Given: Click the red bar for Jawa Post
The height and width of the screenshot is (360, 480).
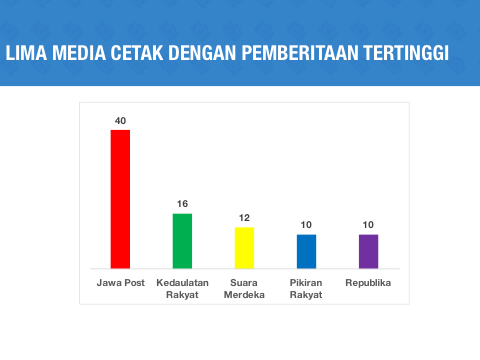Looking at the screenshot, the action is (x=120, y=199).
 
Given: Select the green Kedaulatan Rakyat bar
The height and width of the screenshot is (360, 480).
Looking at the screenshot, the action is (x=182, y=241).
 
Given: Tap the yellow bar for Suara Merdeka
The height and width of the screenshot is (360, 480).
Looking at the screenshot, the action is (x=244, y=248).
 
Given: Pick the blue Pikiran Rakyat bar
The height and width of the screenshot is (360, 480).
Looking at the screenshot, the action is (x=306, y=251).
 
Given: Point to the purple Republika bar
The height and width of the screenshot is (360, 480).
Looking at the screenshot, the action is (x=368, y=251).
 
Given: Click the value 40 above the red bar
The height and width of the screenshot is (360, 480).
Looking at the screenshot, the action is (x=120, y=121).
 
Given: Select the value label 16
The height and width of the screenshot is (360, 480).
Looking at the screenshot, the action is (x=182, y=204).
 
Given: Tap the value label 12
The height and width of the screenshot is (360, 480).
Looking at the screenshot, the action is (x=244, y=218).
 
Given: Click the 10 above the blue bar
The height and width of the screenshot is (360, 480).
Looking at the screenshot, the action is (x=306, y=225).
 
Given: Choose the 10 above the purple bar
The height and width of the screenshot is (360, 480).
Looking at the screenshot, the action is (x=368, y=225).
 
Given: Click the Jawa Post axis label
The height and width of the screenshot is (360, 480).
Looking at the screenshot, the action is (x=121, y=283).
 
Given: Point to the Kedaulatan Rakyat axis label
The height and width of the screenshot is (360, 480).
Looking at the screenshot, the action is (x=182, y=289).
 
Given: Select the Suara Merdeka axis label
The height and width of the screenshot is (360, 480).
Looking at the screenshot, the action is (x=244, y=289).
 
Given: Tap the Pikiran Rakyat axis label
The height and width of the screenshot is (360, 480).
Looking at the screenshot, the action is (x=306, y=289).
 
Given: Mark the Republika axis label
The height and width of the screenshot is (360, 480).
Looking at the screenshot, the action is (x=368, y=283).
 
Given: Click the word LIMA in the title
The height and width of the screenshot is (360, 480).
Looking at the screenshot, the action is (x=26, y=53).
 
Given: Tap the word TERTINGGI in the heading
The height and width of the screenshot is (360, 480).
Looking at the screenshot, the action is (x=406, y=53).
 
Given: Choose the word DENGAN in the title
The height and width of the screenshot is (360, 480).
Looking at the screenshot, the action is (x=202, y=53).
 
